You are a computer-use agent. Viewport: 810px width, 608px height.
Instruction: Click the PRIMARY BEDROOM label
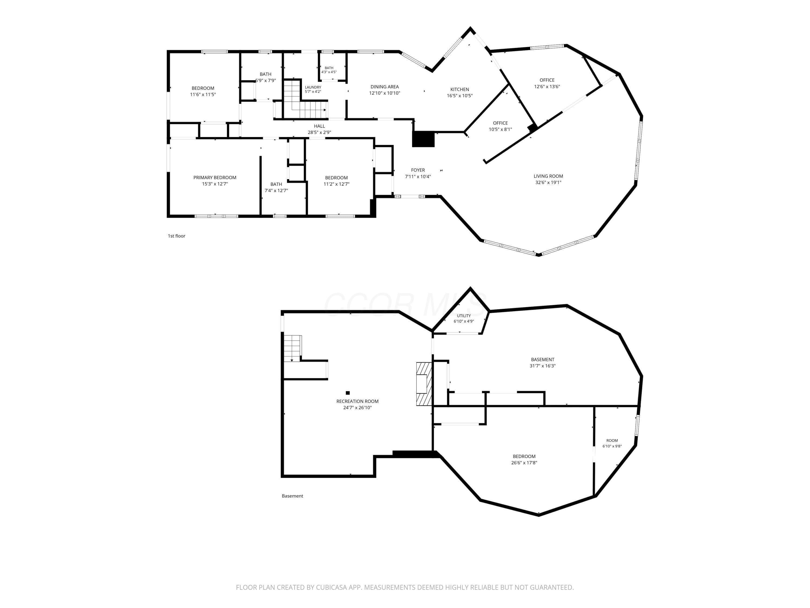point(215,177)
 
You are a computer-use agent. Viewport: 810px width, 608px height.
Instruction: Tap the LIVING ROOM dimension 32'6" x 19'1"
point(548,182)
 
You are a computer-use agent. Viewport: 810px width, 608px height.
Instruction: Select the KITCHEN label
point(460,89)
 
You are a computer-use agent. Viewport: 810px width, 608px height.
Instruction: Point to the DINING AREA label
point(384,87)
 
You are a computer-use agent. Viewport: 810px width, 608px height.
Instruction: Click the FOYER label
point(418,170)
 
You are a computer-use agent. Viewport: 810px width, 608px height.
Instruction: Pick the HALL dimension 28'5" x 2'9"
point(319,133)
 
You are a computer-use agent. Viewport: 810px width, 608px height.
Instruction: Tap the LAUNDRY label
point(313,87)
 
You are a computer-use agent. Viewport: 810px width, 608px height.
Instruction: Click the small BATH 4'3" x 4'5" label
point(329,70)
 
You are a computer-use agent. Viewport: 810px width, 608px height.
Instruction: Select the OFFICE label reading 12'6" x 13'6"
point(547,83)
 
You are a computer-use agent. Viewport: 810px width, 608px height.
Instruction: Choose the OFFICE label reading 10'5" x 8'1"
point(500,126)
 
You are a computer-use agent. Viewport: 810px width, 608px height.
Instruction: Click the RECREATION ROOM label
point(357,401)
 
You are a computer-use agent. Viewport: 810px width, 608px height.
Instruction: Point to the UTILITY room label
point(464,316)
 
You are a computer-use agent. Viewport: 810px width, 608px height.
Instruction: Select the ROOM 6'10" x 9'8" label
point(612,443)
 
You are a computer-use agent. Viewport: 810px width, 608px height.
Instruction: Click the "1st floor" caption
point(177,236)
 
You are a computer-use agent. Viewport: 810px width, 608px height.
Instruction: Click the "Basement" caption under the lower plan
point(292,496)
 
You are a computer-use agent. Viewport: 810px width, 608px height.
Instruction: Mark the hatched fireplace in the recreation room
point(424,384)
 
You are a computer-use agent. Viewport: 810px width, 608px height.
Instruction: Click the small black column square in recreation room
point(347,393)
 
